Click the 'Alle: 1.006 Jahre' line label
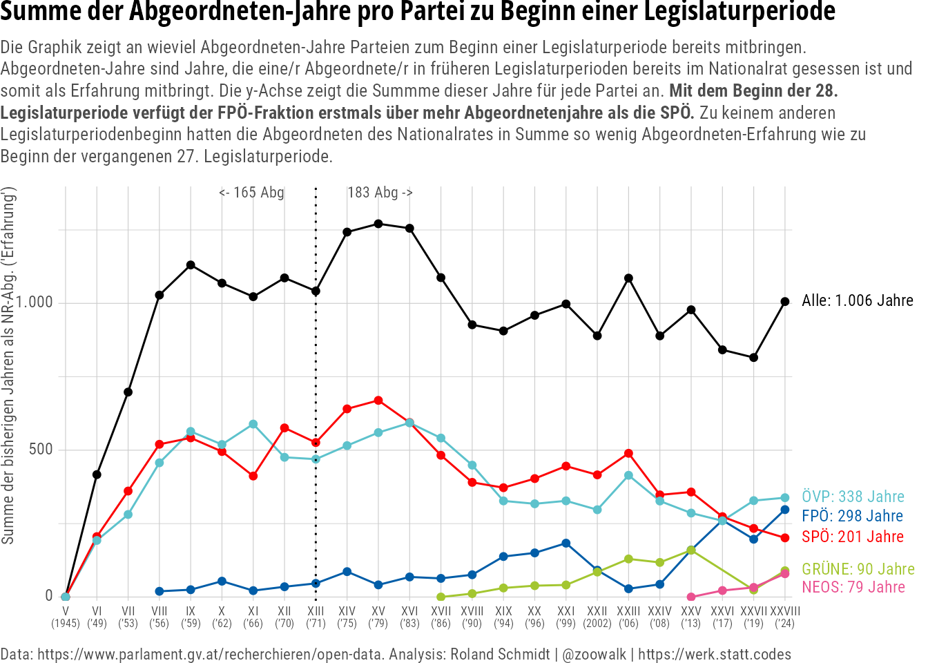coord(857,301)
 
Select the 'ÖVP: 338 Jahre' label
coord(853,497)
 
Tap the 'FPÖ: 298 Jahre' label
coord(852,516)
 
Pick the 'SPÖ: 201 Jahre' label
coord(853,537)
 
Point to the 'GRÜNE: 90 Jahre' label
coord(858,569)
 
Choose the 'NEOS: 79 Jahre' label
coord(853,587)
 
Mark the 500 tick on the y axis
coord(40,450)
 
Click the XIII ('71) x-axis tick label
coord(316,617)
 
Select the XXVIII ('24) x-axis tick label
coord(784,617)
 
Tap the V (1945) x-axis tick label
coord(66,617)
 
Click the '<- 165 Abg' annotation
coord(251,193)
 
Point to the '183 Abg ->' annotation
coord(380,193)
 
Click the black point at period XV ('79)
coord(378,224)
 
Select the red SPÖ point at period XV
coord(378,401)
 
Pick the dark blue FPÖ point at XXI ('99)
coord(566,544)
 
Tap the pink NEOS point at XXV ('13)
coord(691,597)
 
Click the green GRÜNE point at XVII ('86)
coord(441,597)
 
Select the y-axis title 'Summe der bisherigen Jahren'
coord(8,442)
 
